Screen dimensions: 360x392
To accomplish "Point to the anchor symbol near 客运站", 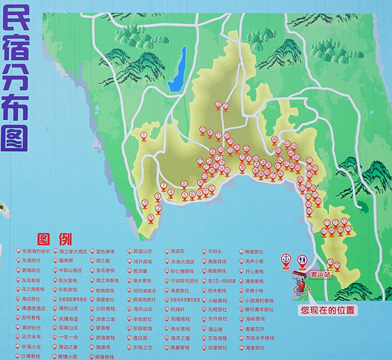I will (285, 259).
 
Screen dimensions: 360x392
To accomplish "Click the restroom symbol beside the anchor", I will (301, 259).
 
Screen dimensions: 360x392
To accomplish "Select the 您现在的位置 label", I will (328, 309).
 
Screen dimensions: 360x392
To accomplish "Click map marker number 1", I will (143, 136).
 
